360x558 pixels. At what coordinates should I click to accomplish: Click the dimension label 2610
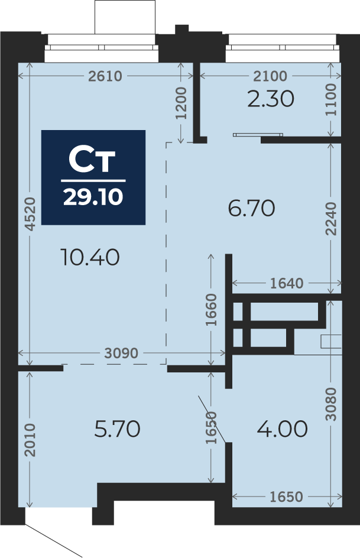pyautogui.click(x=105, y=76)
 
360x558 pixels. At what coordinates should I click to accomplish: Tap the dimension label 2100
pyautogui.click(x=270, y=76)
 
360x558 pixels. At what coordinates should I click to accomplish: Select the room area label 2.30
pyautogui.click(x=271, y=99)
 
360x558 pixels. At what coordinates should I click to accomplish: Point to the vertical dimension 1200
pyautogui.click(x=181, y=103)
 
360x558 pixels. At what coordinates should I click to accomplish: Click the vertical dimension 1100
pyautogui.click(x=331, y=100)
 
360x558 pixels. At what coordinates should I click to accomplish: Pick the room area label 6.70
pyautogui.click(x=251, y=208)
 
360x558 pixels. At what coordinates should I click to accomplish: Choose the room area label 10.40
pyautogui.click(x=90, y=257)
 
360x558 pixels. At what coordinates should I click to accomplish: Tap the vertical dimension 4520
pyautogui.click(x=30, y=214)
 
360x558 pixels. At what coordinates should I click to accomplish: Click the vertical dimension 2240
pyautogui.click(x=331, y=219)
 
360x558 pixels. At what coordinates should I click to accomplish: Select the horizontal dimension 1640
pyautogui.click(x=287, y=283)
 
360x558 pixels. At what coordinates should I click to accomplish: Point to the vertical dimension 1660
pyautogui.click(x=211, y=310)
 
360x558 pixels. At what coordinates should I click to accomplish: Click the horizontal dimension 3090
pyautogui.click(x=121, y=353)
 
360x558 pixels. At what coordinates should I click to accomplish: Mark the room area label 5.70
pyautogui.click(x=118, y=429)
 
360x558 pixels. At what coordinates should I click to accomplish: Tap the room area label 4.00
pyautogui.click(x=282, y=429)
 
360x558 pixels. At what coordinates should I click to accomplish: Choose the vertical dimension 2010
pyautogui.click(x=30, y=440)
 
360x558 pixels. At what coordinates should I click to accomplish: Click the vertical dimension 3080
pyautogui.click(x=331, y=404)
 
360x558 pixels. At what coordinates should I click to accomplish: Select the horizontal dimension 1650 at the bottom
pyautogui.click(x=286, y=497)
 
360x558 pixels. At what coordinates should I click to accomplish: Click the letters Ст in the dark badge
pyautogui.click(x=92, y=160)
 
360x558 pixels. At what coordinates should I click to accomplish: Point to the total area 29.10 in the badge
pyautogui.click(x=93, y=196)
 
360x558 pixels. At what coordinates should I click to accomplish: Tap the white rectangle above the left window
pyautogui.click(x=125, y=17)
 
